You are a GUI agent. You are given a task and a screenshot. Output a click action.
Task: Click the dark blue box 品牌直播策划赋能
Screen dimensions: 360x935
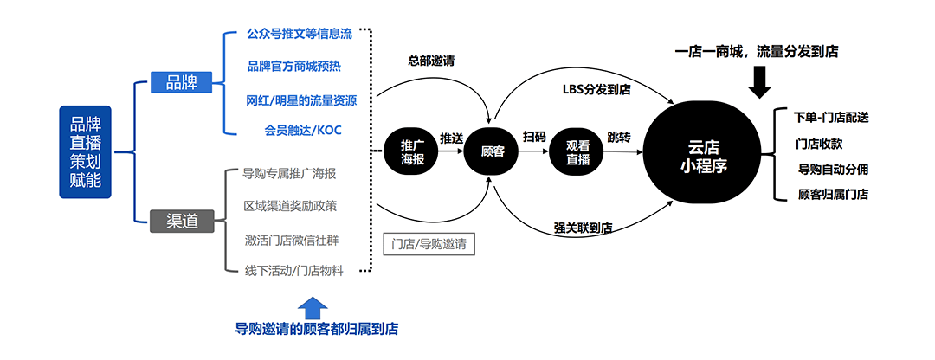click(x=85, y=151)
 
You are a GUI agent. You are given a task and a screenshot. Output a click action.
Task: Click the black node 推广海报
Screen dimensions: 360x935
click(x=412, y=151)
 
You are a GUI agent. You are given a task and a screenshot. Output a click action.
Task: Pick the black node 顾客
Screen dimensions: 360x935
click(x=492, y=151)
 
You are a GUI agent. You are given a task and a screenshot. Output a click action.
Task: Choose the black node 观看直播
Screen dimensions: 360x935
click(x=577, y=151)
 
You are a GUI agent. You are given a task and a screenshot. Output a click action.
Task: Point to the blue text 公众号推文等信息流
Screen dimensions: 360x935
click(x=300, y=35)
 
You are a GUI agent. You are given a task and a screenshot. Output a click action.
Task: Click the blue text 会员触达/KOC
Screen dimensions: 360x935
click(x=303, y=130)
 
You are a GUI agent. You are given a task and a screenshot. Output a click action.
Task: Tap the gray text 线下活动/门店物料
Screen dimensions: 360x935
click(x=294, y=271)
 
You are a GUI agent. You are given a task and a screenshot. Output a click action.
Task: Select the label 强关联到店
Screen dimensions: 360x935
click(x=583, y=228)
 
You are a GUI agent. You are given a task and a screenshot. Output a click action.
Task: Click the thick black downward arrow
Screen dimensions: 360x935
click(x=759, y=82)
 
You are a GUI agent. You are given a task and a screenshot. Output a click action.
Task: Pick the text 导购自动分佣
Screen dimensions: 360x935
click(x=833, y=169)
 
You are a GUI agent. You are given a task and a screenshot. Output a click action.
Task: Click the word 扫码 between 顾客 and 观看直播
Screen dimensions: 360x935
click(x=534, y=137)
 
